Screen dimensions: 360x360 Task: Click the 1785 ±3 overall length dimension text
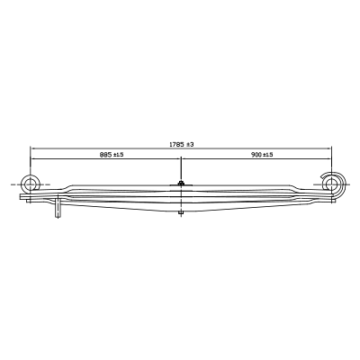pyautogui.click(x=182, y=144)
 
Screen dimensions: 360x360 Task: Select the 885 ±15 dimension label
pyautogui.click(x=112, y=155)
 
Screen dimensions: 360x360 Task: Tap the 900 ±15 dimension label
pyautogui.click(x=262, y=155)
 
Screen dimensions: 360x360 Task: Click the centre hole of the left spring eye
pyautogui.click(x=30, y=184)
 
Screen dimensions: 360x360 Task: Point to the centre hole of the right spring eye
pyautogui.click(x=331, y=184)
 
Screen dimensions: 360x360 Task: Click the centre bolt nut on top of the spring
pyautogui.click(x=181, y=183)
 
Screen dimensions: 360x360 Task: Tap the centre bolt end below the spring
pyautogui.click(x=181, y=213)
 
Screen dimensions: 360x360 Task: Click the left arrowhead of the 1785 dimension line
pyautogui.click(x=31, y=148)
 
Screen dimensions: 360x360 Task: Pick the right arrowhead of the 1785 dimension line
pyautogui.click(x=329, y=148)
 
